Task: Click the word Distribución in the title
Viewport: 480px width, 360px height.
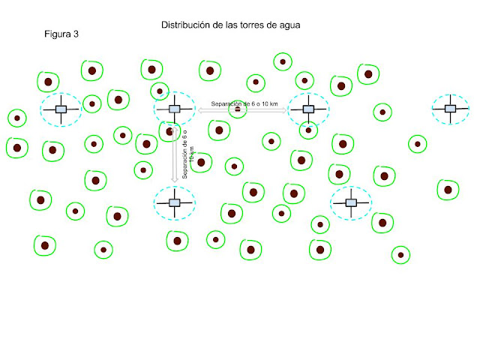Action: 185,25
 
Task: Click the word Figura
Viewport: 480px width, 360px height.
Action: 57,35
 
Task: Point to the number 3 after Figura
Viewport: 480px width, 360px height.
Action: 76,35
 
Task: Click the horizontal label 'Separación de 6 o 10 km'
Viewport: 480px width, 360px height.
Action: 244,103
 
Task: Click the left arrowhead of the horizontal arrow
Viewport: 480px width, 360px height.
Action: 201,110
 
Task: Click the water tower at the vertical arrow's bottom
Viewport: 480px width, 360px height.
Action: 175,202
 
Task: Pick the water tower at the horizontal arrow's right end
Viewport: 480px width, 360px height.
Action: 308,109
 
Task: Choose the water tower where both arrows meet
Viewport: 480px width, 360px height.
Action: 175,109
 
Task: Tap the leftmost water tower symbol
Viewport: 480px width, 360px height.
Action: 61,109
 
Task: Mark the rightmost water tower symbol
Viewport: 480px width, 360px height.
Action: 450,109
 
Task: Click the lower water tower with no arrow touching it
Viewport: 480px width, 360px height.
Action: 350,202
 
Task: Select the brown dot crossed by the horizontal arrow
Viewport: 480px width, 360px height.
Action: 238,110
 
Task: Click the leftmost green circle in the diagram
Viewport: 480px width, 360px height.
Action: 16,118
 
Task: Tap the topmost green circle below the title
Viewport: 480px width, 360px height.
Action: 283,61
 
